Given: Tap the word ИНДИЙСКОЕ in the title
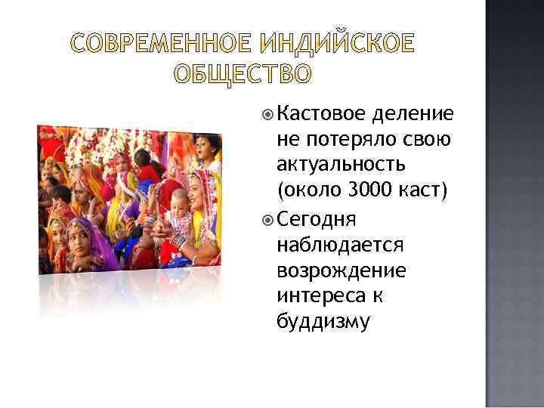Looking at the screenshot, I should pos(337,45).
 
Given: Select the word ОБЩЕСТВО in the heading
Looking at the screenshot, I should pos(242,73).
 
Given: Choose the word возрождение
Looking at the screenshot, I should pos(342,270).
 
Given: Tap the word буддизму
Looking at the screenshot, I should pos(323,323).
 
